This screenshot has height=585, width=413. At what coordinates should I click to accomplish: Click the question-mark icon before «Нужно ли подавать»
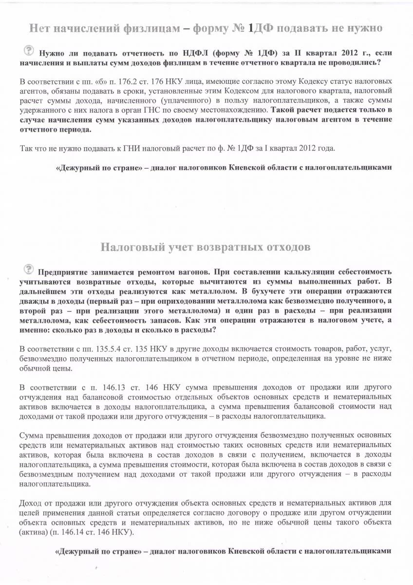point(29,50)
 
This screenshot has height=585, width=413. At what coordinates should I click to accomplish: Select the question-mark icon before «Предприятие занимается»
point(29,269)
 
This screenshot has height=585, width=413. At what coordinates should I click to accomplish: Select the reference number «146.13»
point(112,388)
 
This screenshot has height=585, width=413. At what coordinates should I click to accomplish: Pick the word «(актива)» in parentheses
point(34,532)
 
